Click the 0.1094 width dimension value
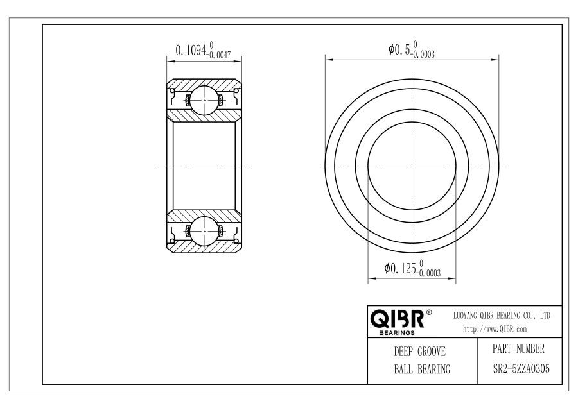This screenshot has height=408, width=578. tap(190, 49)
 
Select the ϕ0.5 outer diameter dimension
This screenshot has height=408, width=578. tap(399, 49)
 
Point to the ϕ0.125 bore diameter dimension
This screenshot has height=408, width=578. tap(400, 268)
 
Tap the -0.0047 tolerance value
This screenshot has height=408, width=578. tap(220, 55)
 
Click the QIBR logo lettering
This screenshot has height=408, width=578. tap(397, 319)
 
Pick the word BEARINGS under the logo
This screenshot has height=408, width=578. tap(397, 333)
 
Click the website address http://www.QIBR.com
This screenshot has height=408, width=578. tap(495, 329)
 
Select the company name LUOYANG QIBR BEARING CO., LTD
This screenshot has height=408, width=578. tap(502, 316)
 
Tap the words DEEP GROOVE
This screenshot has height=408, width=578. tap(419, 352)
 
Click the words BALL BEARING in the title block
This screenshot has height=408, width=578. tap(422, 369)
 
